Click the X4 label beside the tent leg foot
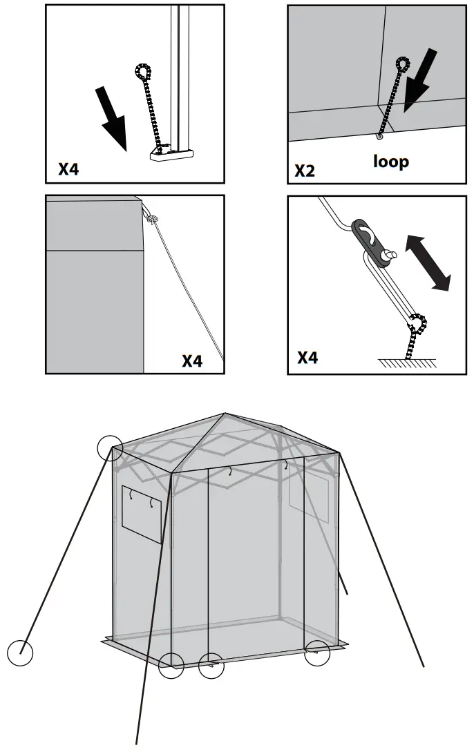point(68,169)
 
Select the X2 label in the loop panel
point(305,171)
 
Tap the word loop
point(391,162)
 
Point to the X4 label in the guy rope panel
point(192,360)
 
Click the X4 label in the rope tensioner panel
point(307,358)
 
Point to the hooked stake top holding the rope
point(417,323)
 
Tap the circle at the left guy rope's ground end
point(20,653)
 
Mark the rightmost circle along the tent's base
point(318,652)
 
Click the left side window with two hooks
point(142,514)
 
